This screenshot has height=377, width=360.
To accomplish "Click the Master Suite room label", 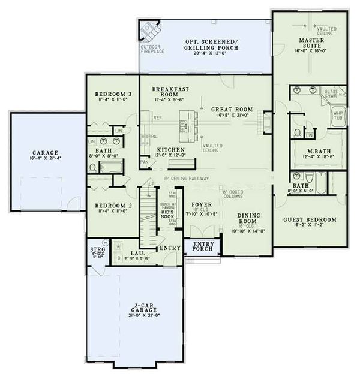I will point(312,41).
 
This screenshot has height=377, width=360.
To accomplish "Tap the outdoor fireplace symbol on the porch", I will point(147,29).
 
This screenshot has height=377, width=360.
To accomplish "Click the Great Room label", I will point(231,110).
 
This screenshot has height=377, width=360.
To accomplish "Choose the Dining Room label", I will point(247,218).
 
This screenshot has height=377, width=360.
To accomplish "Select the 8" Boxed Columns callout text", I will point(234,192).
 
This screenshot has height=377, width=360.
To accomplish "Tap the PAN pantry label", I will point(144,161).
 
